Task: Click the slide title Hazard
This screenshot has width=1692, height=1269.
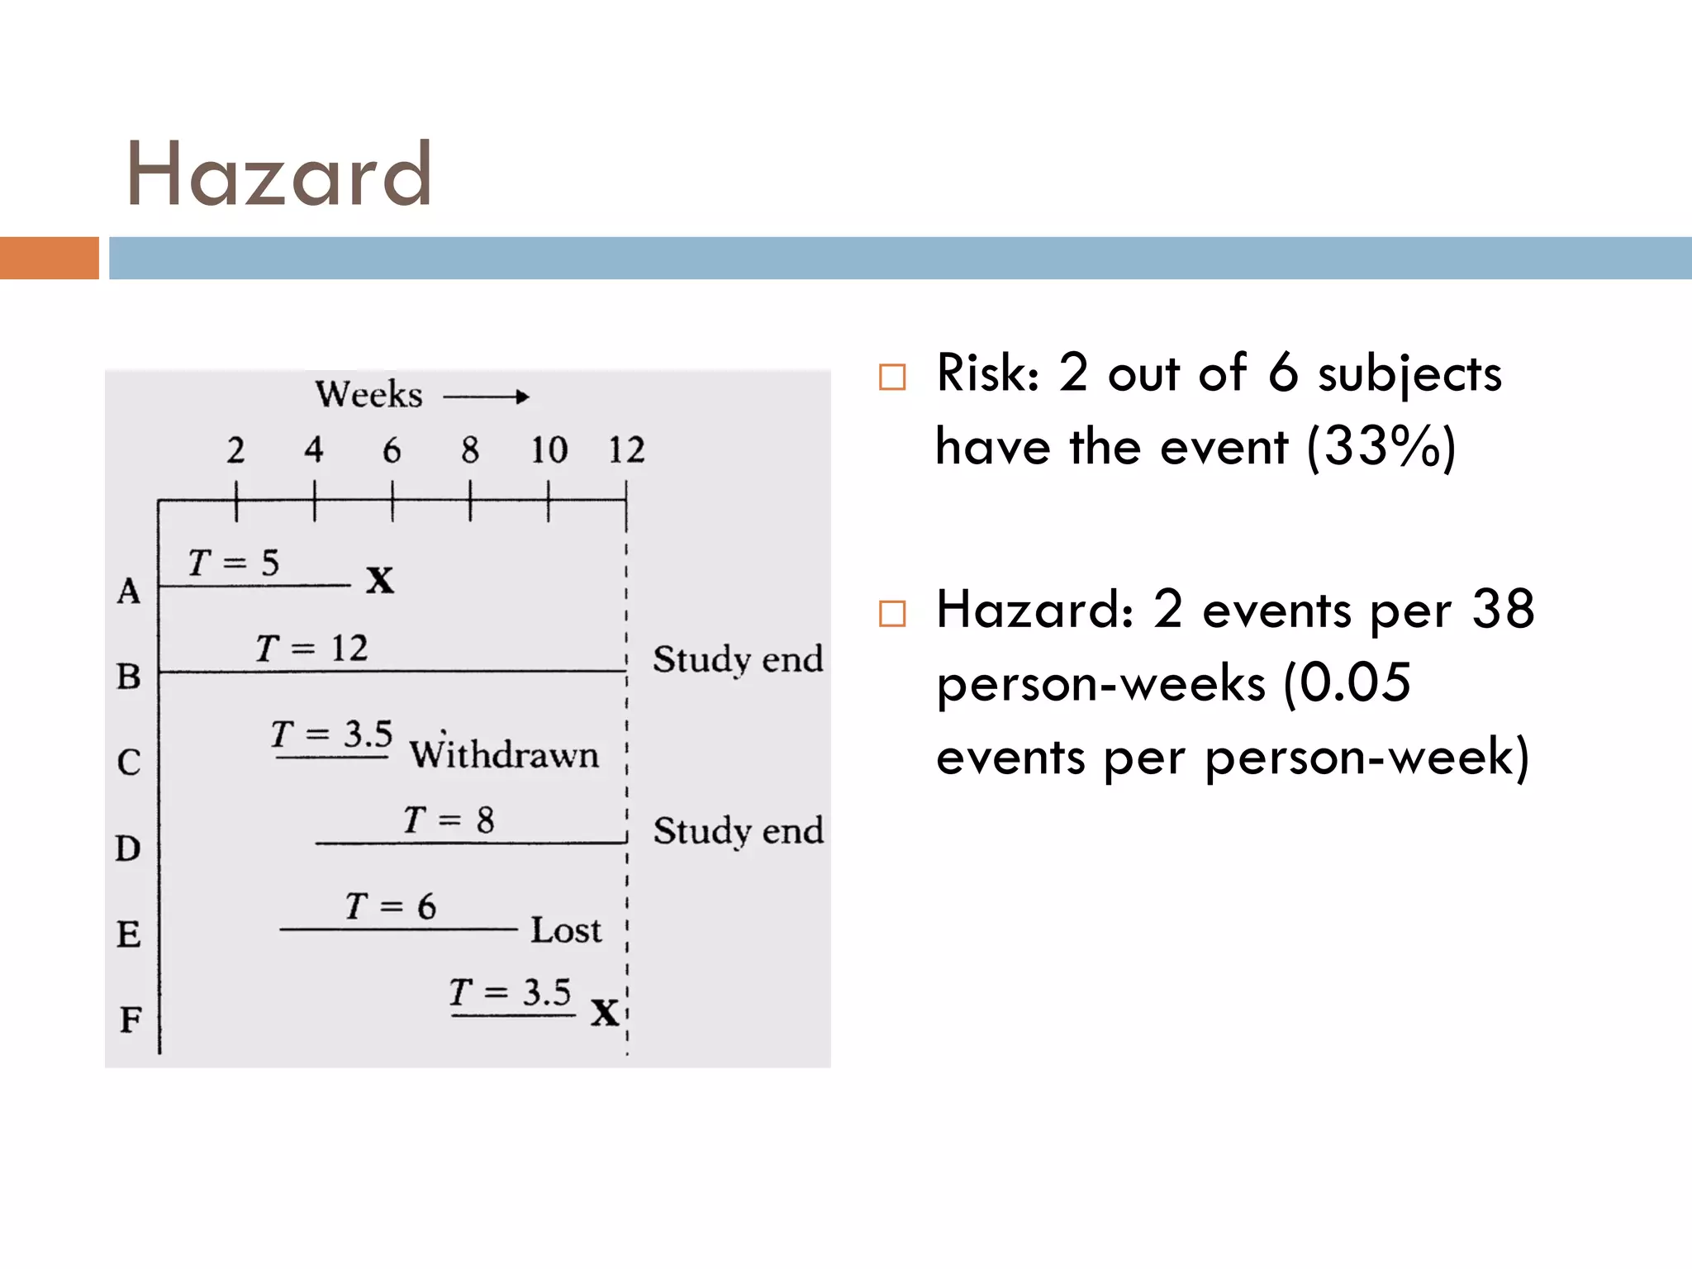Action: point(278,174)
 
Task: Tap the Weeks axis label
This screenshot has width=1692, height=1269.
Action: point(368,394)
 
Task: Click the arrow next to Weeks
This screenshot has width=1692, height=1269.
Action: point(486,397)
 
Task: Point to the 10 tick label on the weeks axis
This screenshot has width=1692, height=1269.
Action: point(549,450)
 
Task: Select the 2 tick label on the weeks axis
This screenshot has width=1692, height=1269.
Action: point(235,450)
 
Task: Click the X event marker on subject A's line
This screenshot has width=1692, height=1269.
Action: point(380,580)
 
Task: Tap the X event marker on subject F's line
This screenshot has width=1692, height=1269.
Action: point(605,1012)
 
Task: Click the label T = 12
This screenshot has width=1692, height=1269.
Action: point(311,649)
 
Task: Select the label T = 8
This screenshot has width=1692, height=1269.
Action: point(449,820)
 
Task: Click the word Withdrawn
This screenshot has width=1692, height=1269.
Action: point(504,754)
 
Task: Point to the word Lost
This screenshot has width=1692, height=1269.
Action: point(566,930)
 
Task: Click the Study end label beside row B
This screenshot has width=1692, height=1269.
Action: point(738,659)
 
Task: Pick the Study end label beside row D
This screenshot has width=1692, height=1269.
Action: point(738,830)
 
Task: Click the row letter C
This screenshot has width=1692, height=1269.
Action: point(129,762)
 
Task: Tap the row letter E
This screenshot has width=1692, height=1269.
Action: point(128,934)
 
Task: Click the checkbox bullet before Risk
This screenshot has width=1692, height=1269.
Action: point(892,377)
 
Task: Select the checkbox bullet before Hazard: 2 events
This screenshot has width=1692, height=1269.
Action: point(892,614)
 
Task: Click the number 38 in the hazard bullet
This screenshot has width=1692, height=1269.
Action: point(1503,610)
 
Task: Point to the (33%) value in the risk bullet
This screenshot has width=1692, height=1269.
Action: point(1381,447)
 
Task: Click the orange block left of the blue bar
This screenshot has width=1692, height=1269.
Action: point(50,258)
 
